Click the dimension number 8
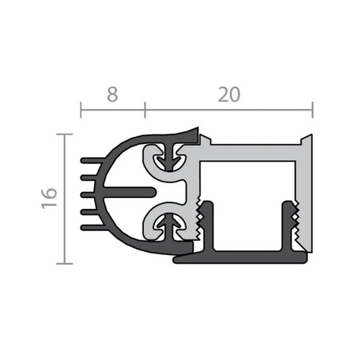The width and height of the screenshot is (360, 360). tap(113, 94)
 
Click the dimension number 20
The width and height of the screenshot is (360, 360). tap(229, 94)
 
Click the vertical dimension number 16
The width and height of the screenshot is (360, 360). tap(49, 198)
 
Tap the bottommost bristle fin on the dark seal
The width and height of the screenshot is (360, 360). tap(93, 228)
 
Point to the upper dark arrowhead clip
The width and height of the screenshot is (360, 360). tap(171, 157)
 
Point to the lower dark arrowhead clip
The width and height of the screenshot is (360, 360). tap(171, 226)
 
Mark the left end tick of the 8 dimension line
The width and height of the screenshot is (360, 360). tap(81, 110)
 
